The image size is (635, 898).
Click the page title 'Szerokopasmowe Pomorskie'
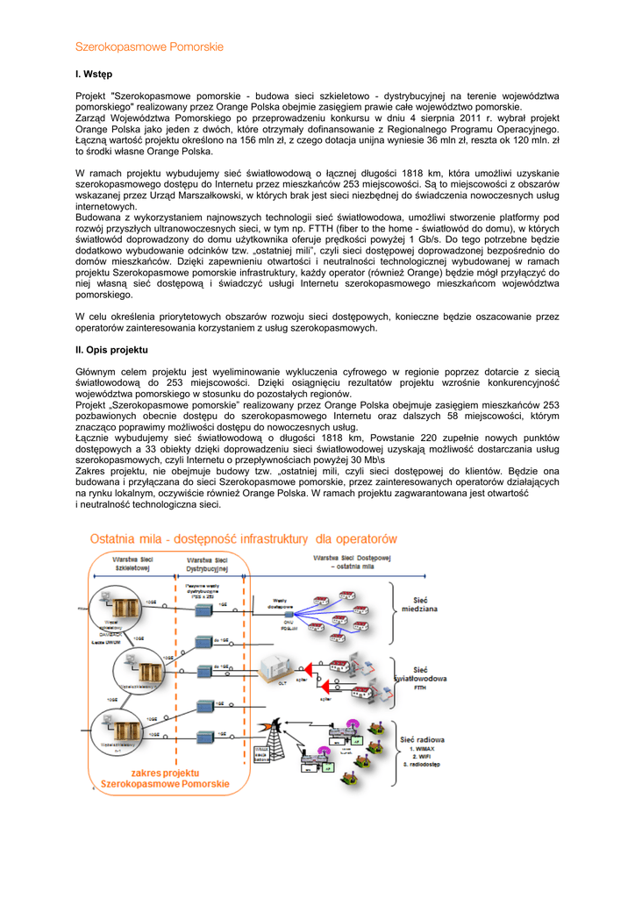click(149, 46)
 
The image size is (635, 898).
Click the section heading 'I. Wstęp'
click(94, 74)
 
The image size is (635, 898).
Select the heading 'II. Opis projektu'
click(112, 350)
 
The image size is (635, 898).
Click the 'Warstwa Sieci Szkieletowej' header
click(133, 562)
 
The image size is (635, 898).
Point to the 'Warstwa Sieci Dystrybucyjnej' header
click(208, 562)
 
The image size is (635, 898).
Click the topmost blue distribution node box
click(204, 609)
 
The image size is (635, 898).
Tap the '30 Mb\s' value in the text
click(364, 460)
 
